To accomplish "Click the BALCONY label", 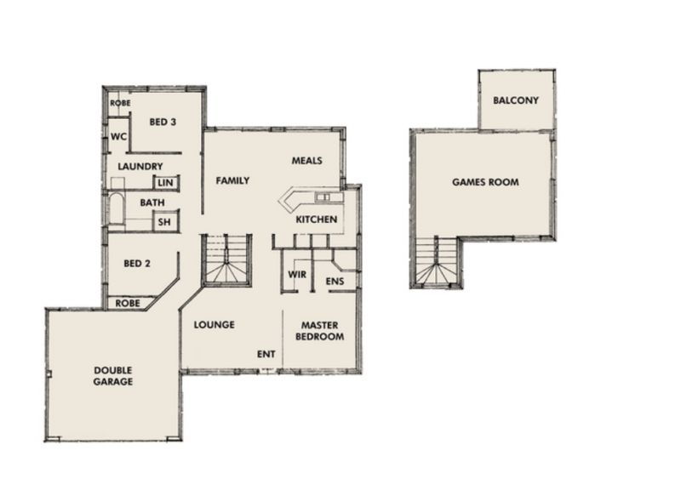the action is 516,100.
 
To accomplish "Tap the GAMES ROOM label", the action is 485,182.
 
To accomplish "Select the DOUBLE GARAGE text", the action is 113,376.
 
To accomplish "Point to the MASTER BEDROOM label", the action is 320,331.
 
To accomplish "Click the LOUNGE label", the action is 215,325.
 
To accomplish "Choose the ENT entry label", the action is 266,354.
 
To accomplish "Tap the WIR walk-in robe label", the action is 297,274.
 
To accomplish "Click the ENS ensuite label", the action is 335,282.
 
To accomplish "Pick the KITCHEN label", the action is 316,219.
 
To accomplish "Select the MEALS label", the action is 306,161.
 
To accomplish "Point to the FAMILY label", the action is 232,180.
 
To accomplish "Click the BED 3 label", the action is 163,122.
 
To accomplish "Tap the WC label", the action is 118,137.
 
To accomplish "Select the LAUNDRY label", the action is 140,166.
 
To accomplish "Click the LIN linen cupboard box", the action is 165,183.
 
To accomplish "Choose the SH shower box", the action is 165,221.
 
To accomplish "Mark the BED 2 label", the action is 137,264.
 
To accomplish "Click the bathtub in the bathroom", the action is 116,210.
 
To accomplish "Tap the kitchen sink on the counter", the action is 323,198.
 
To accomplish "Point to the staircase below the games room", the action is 436,262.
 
